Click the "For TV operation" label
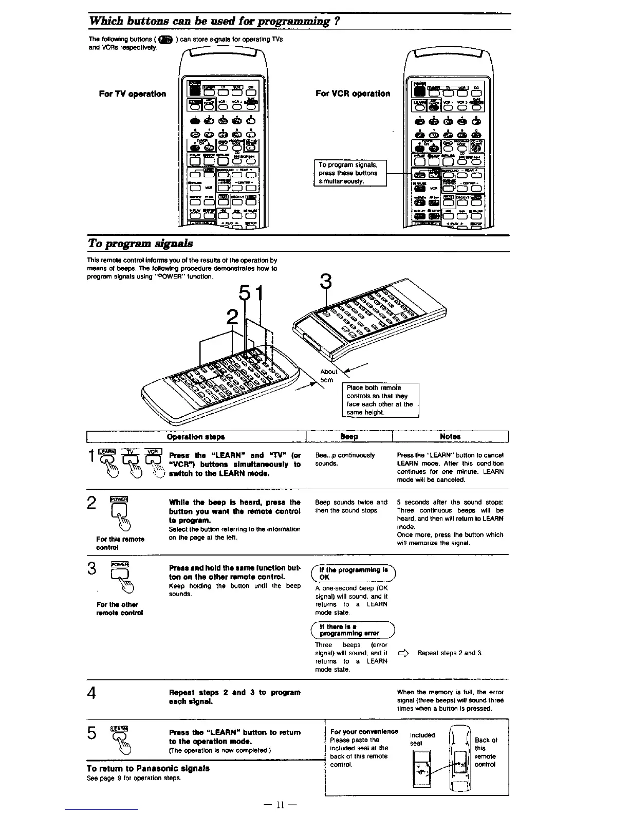(133, 94)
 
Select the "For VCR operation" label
(353, 94)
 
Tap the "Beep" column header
(349, 437)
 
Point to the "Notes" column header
(450, 437)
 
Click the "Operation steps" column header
(196, 437)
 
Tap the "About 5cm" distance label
(328, 376)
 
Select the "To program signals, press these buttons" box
(349, 173)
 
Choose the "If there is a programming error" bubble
(353, 630)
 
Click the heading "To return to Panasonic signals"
(147, 769)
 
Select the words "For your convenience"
(364, 732)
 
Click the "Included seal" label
(422, 739)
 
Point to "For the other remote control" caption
(119, 608)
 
